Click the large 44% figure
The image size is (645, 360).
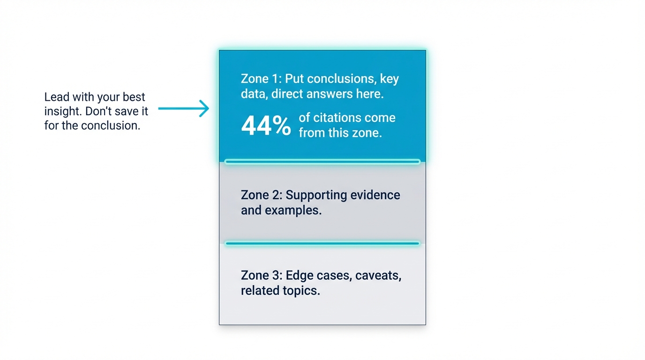pos(266,126)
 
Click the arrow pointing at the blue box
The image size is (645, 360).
pos(184,108)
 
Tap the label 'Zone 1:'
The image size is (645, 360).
pos(261,78)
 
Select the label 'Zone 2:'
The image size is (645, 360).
pos(261,195)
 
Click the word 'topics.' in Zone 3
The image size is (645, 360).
pos(300,290)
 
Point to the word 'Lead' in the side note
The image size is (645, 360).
pos(56,97)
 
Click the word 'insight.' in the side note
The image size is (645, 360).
pos(64,111)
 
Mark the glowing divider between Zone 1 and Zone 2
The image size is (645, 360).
pos(322,162)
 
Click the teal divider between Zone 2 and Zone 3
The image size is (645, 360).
pos(322,243)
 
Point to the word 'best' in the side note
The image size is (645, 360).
pos(134,97)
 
